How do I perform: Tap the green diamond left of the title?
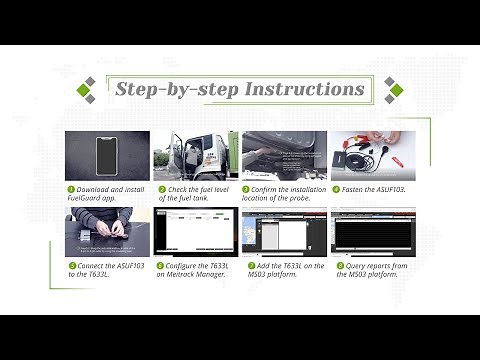[x=87, y=90]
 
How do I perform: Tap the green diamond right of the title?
[x=395, y=90]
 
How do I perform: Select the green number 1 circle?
[x=71, y=188]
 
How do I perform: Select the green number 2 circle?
[x=159, y=188]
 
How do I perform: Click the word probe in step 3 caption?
[x=302, y=198]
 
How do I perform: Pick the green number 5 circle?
[x=71, y=265]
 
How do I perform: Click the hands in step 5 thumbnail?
[x=107, y=229]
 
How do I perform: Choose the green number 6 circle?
[x=159, y=265]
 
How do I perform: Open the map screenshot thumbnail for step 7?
[x=284, y=233]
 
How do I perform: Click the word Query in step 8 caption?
[x=354, y=265]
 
